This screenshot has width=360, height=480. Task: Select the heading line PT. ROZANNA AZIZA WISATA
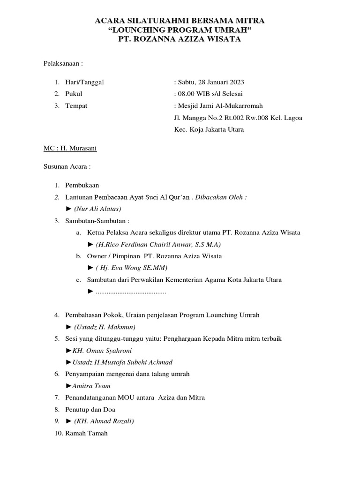click(x=180, y=40)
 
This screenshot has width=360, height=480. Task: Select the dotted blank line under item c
click(x=131, y=292)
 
